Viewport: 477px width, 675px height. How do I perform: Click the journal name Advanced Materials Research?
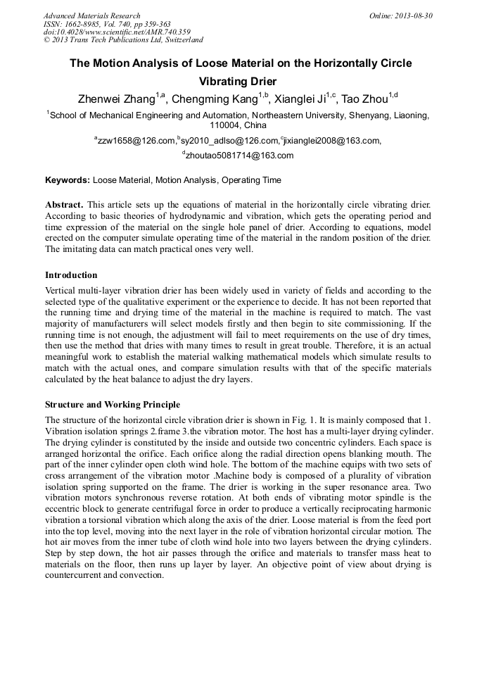[x=91, y=15]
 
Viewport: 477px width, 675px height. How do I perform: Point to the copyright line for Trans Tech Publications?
[x=123, y=40]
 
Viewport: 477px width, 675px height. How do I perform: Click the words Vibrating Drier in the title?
[x=238, y=81]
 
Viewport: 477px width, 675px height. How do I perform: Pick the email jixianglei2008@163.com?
[x=331, y=141]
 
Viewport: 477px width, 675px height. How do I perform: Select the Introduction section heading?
[x=71, y=275]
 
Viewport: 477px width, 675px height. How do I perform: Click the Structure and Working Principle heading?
[x=112, y=405]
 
